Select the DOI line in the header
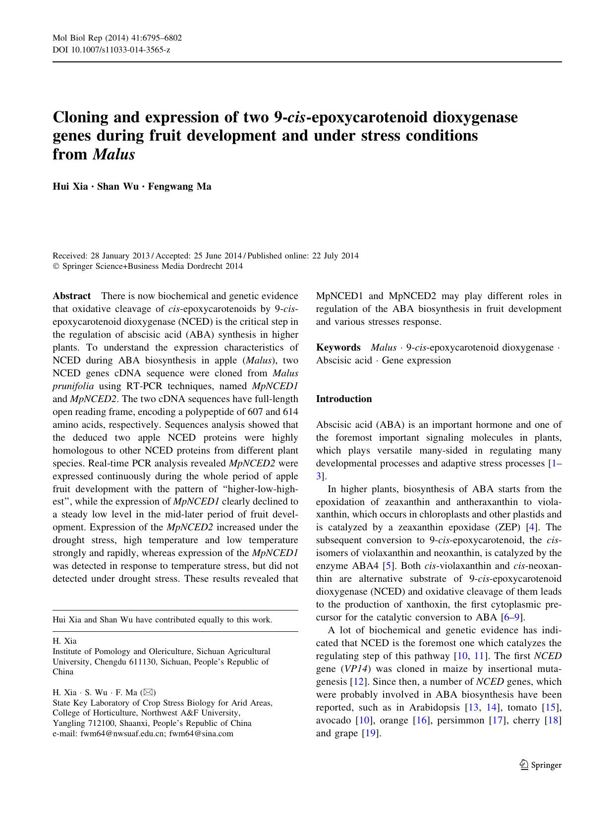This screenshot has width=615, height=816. (112, 50)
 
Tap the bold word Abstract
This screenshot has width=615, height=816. (72, 296)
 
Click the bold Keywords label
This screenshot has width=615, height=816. (338, 348)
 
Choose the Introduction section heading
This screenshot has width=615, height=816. (344, 399)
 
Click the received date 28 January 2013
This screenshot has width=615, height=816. (120, 256)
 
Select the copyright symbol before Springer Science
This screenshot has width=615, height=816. (56, 266)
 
